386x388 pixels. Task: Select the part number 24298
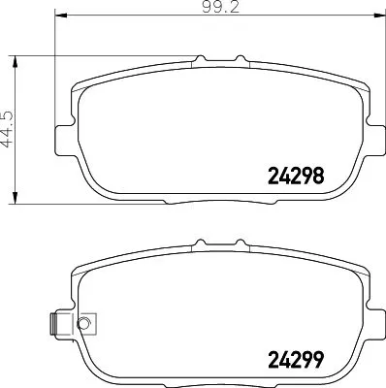294,177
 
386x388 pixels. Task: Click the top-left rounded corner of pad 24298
80,82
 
